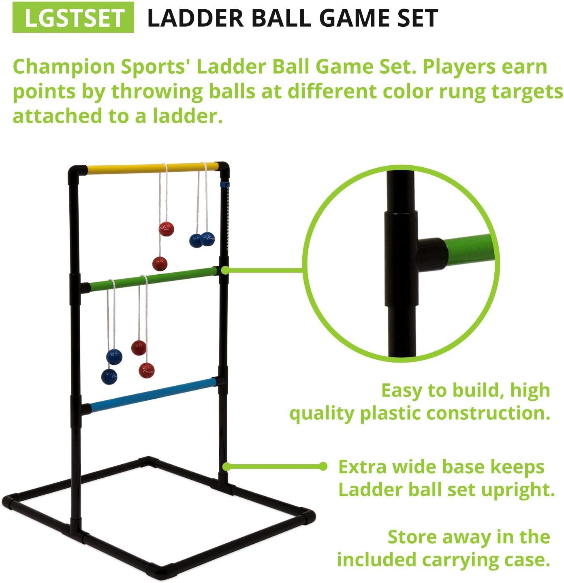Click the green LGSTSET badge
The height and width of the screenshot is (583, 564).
(73, 17)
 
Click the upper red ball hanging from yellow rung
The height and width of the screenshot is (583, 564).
(166, 229)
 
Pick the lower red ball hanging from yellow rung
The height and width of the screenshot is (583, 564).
(160, 264)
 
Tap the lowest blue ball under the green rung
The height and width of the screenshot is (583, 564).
(109, 377)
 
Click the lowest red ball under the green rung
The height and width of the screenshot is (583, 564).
(147, 370)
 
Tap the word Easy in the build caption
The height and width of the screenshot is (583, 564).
(401, 391)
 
